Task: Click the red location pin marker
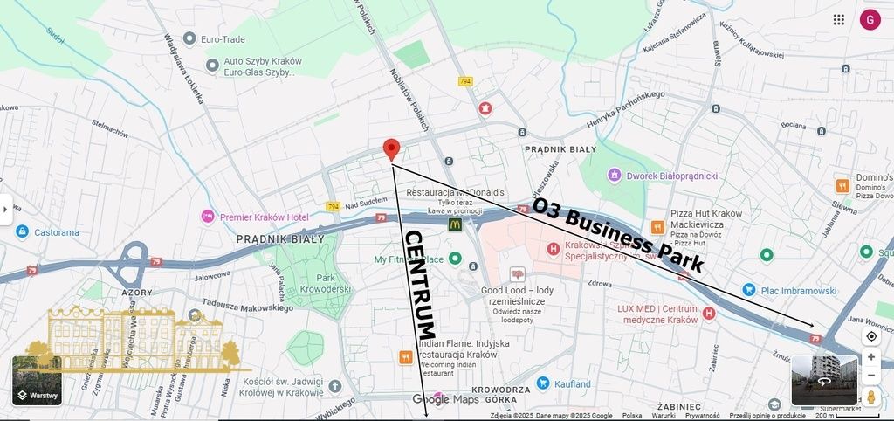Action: pos(392,148)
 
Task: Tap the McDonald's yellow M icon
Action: pos(455,224)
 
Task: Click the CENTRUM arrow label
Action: pos(419,284)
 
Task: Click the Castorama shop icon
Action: pos(22,232)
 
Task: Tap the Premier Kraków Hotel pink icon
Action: pos(208,217)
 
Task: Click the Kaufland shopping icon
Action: pos(542,383)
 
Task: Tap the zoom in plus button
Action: pos(870,357)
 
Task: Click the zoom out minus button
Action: pos(870,376)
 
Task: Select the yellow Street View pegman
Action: pos(870,398)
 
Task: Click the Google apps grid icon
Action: pos(839,20)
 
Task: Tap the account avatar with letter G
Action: pos(870,20)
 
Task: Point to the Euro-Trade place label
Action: pos(223,39)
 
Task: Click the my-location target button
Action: pos(870,336)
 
